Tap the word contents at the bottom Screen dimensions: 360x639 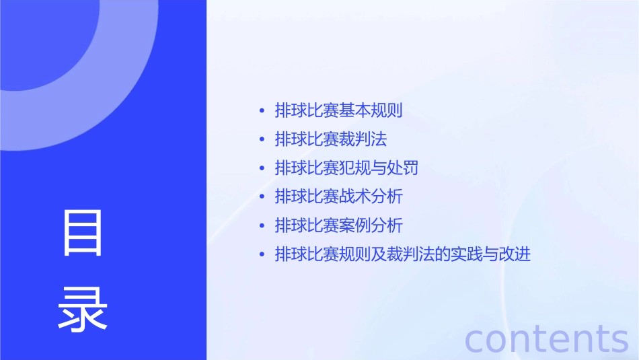click(547, 338)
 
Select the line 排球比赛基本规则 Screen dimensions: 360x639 click(338, 110)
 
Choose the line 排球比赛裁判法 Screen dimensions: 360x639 click(331, 139)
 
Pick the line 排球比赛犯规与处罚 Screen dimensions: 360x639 click(346, 168)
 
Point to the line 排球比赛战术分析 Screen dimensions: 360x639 click(338, 196)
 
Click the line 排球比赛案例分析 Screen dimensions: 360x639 click(338, 225)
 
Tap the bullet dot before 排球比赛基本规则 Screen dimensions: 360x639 click(262, 111)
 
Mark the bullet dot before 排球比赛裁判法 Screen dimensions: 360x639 click(262, 140)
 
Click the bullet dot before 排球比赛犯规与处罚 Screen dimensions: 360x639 click(262, 168)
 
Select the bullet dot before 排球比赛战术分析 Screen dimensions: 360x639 click(262, 197)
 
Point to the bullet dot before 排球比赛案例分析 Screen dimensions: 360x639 click(262, 226)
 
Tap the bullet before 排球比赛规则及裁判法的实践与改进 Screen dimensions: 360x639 click(262, 255)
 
